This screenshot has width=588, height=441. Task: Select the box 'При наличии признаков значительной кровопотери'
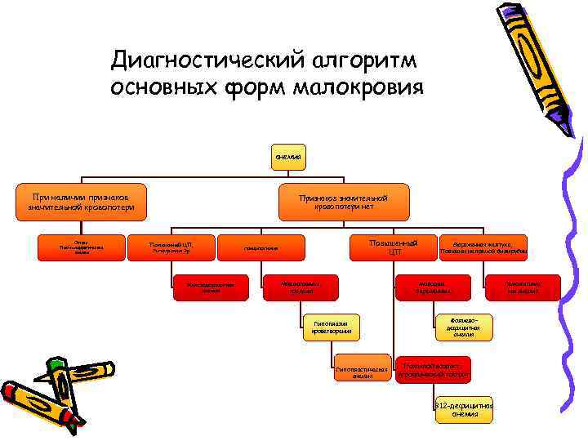pyautogui.click(x=82, y=203)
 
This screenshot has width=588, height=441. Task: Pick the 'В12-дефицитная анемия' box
pyautogui.click(x=463, y=410)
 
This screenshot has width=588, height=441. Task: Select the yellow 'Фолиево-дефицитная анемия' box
pyautogui.click(x=463, y=326)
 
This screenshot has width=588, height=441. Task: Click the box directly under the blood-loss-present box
pyautogui.click(x=82, y=247)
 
